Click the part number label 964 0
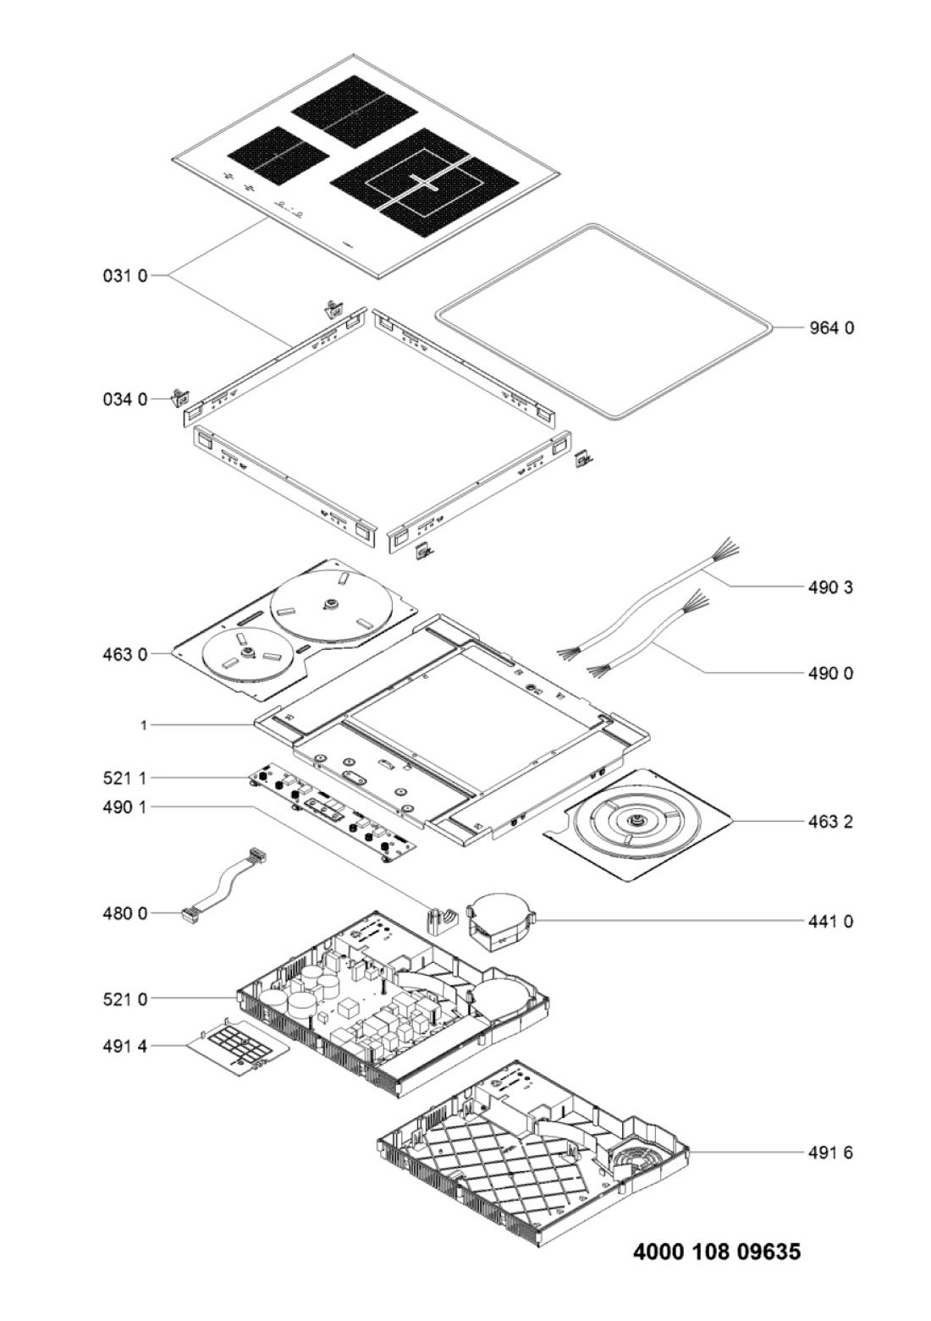click(x=830, y=327)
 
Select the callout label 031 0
click(x=125, y=276)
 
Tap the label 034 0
click(x=125, y=399)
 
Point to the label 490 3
click(x=830, y=586)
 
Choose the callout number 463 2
click(x=830, y=822)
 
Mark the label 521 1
click(x=125, y=778)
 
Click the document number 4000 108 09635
click(x=717, y=1252)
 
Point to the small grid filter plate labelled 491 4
click(x=240, y=1049)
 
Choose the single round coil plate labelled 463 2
click(x=637, y=824)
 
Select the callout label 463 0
click(x=125, y=654)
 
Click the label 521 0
click(x=125, y=999)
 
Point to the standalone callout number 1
click(x=144, y=725)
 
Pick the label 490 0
click(x=830, y=674)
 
